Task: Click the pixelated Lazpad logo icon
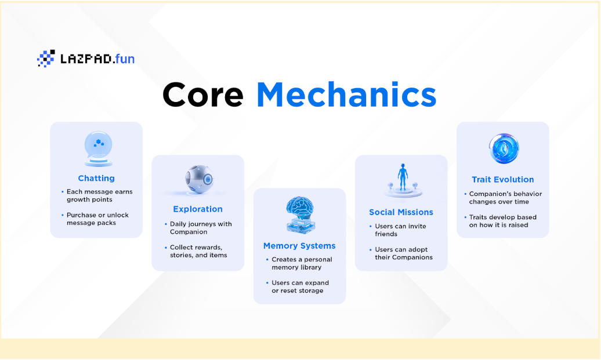[46, 59]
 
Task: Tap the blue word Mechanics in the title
[346, 94]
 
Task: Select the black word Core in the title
[203, 95]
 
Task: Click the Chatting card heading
[96, 178]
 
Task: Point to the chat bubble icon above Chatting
[99, 149]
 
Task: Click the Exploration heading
[198, 209]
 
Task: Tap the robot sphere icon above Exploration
[200, 179]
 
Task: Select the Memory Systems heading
[299, 246]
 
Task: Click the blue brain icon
[300, 215]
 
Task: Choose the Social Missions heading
[401, 212]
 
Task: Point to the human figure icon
[403, 180]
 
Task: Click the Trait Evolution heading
[502, 180]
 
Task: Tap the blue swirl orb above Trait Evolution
[504, 148]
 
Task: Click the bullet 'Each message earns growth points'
[97, 196]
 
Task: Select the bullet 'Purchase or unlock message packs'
[96, 219]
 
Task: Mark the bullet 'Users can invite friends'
[398, 230]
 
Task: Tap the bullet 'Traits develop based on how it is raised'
[501, 221]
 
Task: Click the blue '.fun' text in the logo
[124, 59]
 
